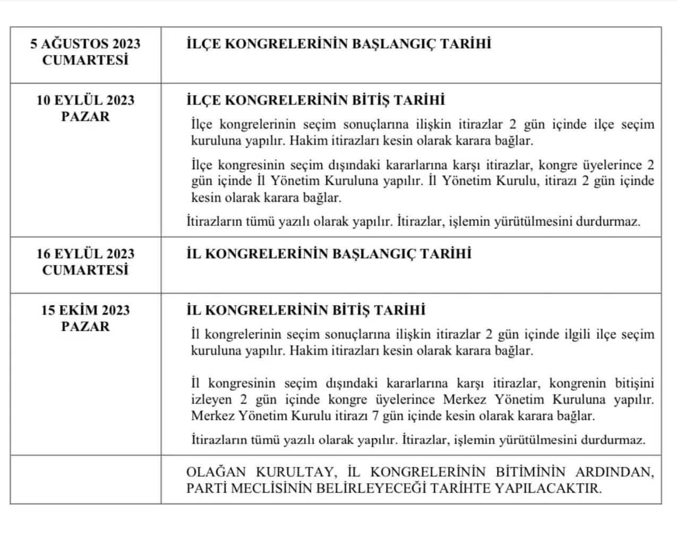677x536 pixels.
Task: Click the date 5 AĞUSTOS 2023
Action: [85, 44]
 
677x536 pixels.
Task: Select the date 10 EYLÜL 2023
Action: [85, 100]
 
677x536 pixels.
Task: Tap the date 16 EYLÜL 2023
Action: [85, 254]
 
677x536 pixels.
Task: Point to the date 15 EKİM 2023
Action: [85, 310]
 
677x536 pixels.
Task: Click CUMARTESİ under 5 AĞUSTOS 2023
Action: [85, 60]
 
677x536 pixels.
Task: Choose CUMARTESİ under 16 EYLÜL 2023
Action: [85, 270]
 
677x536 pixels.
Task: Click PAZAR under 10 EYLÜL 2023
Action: [85, 116]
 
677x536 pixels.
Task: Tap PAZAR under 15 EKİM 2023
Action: [85, 326]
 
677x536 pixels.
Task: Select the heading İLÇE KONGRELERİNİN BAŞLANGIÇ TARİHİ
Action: [339, 44]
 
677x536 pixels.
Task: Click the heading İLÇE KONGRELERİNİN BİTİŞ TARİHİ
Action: [315, 100]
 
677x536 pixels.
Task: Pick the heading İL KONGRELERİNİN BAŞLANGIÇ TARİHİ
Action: [329, 254]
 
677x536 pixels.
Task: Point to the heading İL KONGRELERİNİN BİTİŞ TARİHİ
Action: [306, 310]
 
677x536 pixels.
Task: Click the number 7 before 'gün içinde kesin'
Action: [375, 415]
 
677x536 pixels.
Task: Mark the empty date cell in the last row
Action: [85, 479]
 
